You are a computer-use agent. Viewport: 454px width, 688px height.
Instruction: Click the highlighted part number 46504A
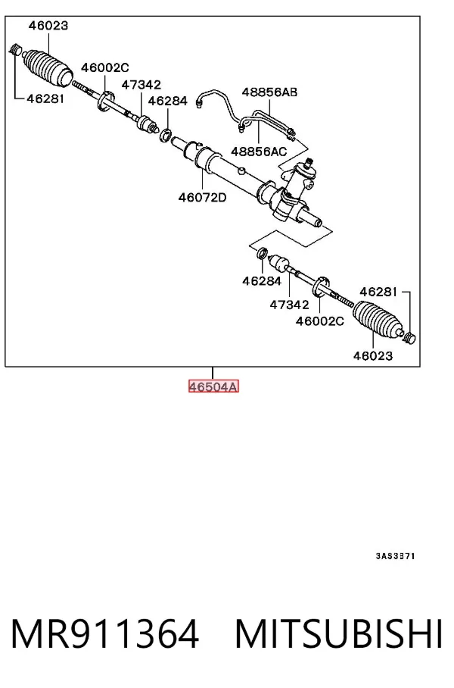tap(213, 386)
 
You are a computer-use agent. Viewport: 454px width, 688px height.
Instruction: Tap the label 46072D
tap(202, 198)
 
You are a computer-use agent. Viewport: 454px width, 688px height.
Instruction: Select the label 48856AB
tap(269, 92)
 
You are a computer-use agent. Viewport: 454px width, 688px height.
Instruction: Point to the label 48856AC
tap(259, 152)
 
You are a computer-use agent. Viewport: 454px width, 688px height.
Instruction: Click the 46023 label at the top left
tap(48, 26)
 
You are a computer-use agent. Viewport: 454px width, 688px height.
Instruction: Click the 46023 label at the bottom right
tap(373, 355)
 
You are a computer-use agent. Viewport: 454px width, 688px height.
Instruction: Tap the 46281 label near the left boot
tap(45, 99)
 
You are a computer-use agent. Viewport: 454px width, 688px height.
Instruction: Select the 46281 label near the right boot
tap(378, 292)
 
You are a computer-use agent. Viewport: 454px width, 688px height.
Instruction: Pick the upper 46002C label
tap(105, 67)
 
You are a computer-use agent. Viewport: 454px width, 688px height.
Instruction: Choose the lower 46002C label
tap(320, 321)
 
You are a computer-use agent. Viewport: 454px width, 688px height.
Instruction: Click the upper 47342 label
tap(141, 85)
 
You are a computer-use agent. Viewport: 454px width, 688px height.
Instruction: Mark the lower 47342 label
tap(289, 305)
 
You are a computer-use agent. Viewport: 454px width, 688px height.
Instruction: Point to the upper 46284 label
tap(168, 101)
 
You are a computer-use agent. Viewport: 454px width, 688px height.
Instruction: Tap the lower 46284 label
tap(262, 281)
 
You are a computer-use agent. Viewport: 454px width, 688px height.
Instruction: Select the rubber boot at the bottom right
tap(378, 320)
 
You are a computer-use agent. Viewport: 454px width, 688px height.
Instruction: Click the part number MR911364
tap(104, 633)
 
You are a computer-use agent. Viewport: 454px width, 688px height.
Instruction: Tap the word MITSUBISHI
tap(339, 633)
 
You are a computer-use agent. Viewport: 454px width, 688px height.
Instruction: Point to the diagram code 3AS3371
tap(395, 556)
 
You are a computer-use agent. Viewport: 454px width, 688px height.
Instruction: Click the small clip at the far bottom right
tap(409, 338)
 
